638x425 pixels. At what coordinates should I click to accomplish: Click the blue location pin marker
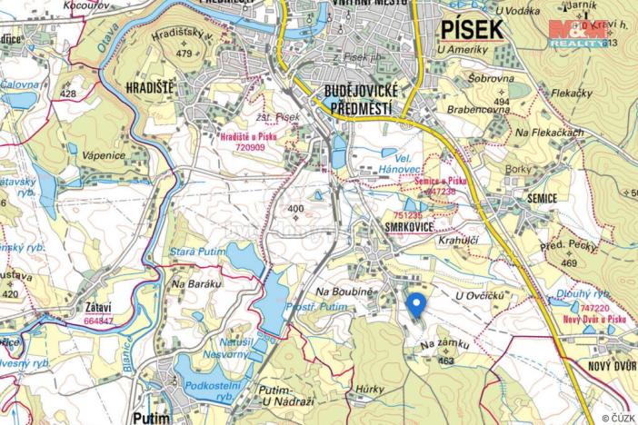click(415, 304)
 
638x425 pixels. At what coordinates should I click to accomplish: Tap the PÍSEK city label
click(472, 29)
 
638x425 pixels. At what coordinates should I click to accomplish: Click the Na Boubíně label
click(344, 291)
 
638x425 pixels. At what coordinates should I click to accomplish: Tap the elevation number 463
click(445, 361)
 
